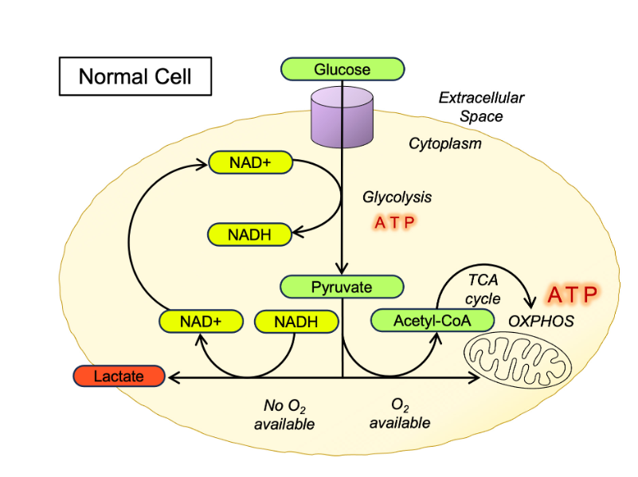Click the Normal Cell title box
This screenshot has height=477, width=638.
[x=135, y=77]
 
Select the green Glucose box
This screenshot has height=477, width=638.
[x=342, y=69]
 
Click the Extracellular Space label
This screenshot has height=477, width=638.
[x=481, y=107]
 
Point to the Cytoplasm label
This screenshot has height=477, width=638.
[x=445, y=143]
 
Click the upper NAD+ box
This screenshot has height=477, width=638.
[x=250, y=162]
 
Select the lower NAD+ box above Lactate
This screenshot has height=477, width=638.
[x=200, y=322]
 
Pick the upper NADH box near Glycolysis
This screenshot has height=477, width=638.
[x=249, y=234]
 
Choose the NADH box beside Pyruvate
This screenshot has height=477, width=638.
[x=296, y=322]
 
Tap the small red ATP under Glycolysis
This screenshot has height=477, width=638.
[x=395, y=222]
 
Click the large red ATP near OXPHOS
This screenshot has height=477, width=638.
[x=572, y=295]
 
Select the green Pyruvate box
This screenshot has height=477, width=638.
[x=342, y=287]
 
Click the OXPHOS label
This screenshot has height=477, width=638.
[x=541, y=322]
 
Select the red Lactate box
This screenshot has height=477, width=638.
[x=119, y=375]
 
